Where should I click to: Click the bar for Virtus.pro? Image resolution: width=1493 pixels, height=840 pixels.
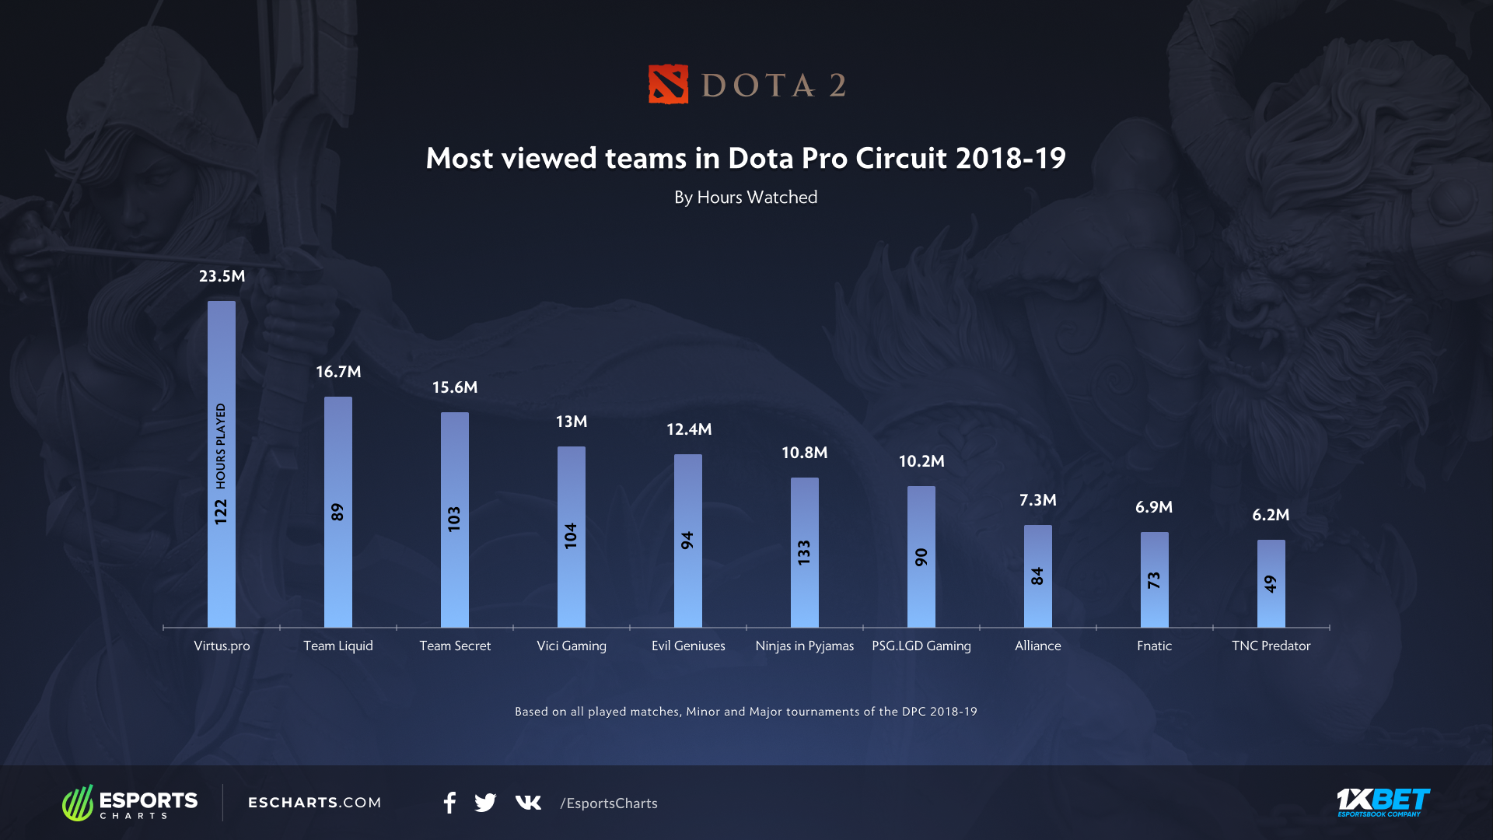222,464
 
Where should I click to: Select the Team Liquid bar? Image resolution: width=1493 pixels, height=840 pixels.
338,512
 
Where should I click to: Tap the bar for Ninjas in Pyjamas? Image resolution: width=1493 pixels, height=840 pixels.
805,552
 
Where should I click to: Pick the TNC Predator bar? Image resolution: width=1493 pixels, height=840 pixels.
1271,583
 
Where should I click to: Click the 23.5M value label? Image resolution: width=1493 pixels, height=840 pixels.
222,276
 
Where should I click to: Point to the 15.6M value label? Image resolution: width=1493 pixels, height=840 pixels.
455,387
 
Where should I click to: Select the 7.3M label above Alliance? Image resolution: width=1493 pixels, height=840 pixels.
1038,500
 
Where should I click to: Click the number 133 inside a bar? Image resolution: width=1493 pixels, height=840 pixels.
805,552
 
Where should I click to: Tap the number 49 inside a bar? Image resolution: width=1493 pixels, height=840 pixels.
1271,583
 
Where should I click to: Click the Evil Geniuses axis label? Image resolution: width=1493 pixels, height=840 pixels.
688,646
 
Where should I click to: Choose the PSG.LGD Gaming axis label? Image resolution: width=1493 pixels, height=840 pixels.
921,646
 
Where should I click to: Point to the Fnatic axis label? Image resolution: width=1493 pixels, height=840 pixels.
1154,646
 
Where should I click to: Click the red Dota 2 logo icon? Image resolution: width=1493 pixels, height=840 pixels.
668,84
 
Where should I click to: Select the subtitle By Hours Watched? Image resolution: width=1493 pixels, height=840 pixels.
746,198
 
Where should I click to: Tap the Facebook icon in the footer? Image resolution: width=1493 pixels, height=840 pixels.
449,803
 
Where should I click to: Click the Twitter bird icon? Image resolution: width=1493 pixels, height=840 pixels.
485,803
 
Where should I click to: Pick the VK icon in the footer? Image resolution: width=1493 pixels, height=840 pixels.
528,803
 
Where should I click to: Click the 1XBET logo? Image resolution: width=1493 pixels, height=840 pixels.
1383,802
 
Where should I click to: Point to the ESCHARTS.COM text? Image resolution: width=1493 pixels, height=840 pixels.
314,803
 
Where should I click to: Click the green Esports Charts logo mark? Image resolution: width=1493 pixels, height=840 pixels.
78,803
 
